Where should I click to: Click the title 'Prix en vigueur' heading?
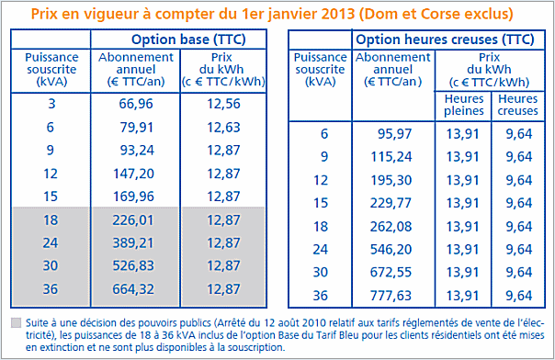tap(277, 15)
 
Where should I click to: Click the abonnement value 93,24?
tap(135, 149)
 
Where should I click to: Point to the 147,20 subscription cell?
tap(135, 173)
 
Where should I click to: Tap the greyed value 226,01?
tap(135, 220)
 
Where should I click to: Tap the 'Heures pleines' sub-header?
tap(463, 104)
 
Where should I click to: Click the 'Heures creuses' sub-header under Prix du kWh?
tap(517, 104)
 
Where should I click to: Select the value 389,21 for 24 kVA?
tap(135, 244)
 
